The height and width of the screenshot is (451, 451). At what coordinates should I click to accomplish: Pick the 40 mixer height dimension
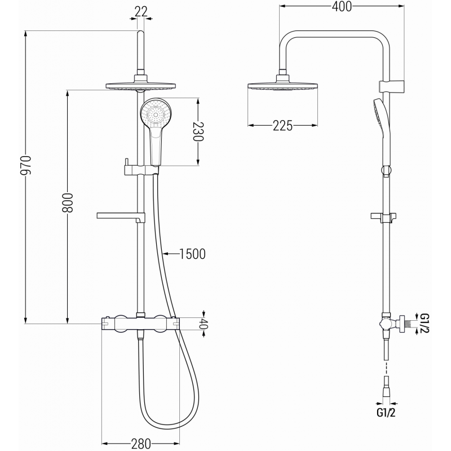[204, 324]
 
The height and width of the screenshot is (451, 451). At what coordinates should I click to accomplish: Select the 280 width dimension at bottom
[140, 443]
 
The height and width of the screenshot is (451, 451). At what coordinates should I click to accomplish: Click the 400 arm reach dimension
[341, 7]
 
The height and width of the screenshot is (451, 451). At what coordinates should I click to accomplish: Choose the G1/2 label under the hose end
[386, 413]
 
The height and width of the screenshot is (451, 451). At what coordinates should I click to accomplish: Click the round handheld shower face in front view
[154, 114]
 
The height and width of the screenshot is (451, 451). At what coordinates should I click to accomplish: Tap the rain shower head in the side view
[281, 86]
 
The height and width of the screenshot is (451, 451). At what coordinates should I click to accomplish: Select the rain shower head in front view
[140, 86]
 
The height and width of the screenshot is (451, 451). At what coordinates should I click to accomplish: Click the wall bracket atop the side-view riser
[388, 86]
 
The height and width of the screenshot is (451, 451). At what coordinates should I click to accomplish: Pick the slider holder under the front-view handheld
[138, 168]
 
